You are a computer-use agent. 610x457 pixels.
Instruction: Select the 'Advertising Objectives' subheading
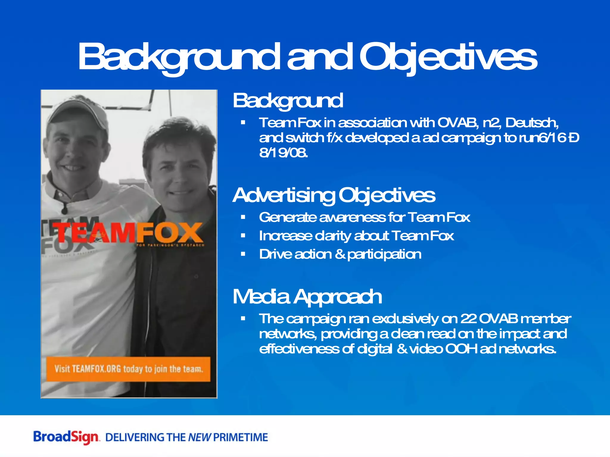pyautogui.click(x=334, y=195)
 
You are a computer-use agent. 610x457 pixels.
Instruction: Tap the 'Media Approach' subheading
pyautogui.click(x=307, y=297)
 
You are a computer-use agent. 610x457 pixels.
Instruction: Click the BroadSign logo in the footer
pyautogui.click(x=66, y=437)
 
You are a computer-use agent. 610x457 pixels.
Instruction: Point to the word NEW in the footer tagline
pyautogui.click(x=200, y=437)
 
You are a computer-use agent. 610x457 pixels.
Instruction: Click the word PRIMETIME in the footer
pyautogui.click(x=241, y=437)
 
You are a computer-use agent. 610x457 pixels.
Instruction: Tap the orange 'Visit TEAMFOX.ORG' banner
pyautogui.click(x=128, y=369)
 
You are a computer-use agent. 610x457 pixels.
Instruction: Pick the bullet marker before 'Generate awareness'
pyautogui.click(x=243, y=217)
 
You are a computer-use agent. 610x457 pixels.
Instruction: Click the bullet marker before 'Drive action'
pyautogui.click(x=243, y=254)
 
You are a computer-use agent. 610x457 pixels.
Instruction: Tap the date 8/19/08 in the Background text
pyautogui.click(x=283, y=153)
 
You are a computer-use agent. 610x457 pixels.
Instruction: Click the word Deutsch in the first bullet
pyautogui.click(x=532, y=123)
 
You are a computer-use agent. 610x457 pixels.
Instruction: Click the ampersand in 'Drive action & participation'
pyautogui.click(x=340, y=254)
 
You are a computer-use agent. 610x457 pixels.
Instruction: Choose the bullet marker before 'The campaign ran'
pyautogui.click(x=243, y=319)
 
